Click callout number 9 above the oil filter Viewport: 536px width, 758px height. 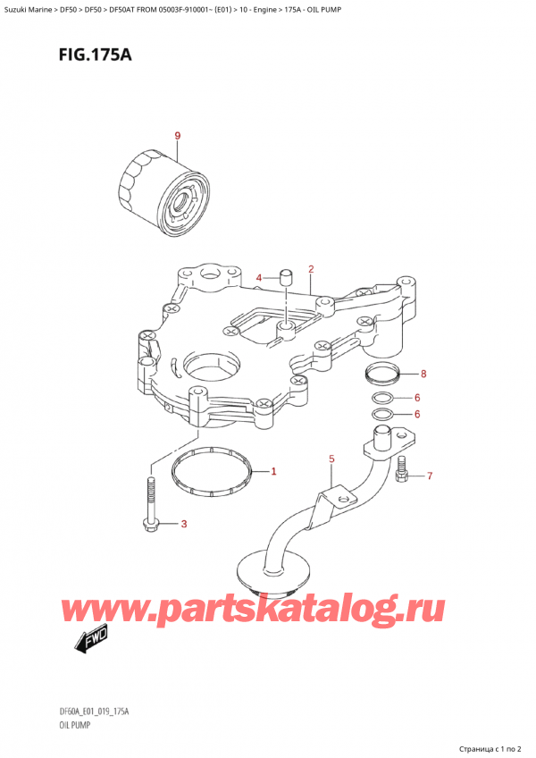click(177, 136)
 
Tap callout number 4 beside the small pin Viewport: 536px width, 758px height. click(259, 278)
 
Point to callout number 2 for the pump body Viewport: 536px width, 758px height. click(310, 268)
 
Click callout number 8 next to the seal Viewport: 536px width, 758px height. click(423, 374)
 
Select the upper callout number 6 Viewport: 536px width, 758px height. click(416, 398)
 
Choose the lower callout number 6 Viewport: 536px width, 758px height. click(416, 414)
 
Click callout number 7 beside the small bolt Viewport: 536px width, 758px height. click(429, 476)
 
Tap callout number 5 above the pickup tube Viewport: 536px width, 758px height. click(331, 459)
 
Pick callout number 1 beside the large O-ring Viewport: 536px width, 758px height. click(273, 471)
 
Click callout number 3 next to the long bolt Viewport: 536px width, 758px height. click(184, 524)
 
